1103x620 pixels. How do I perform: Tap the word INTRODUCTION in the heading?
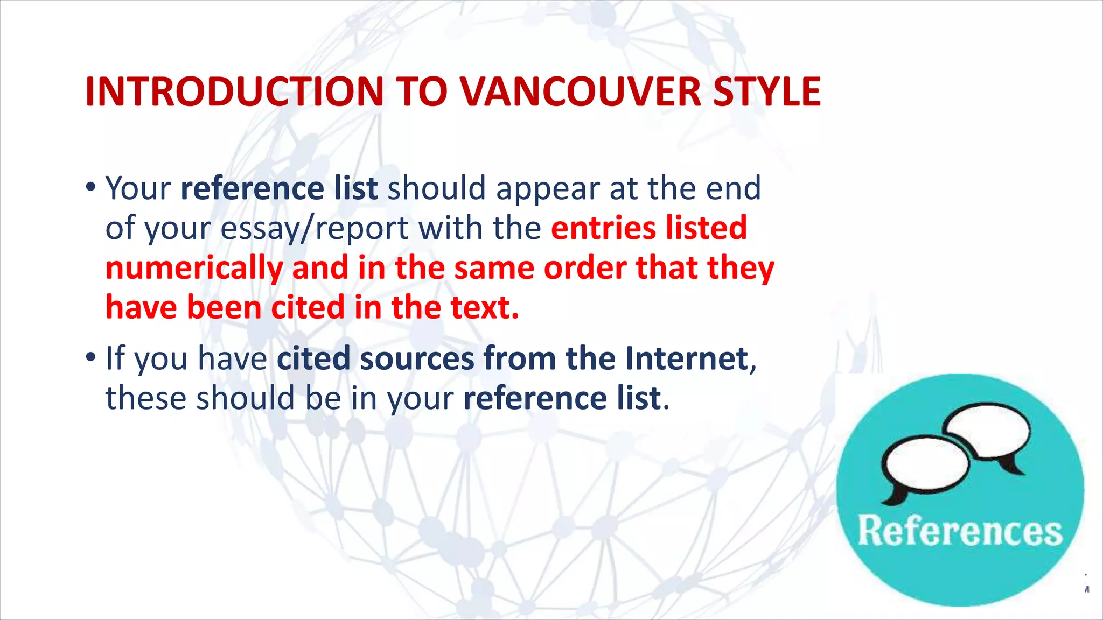click(234, 91)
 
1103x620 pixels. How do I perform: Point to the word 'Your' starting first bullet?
click(138, 188)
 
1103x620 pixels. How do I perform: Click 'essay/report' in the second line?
click(315, 228)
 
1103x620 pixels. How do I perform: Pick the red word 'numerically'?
click(194, 268)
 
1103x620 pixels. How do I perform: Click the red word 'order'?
click(585, 268)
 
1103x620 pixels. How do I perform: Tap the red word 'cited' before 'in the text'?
click(308, 307)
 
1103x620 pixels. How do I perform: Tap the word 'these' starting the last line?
click(145, 398)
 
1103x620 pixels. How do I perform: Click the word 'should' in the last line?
click(245, 398)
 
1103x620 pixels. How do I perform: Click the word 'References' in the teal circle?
click(960, 531)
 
